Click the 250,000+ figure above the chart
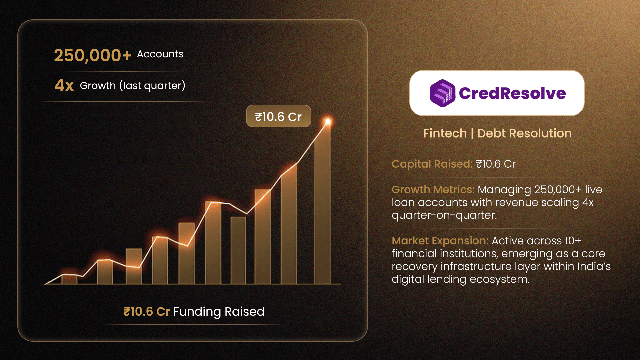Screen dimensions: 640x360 coord(93,55)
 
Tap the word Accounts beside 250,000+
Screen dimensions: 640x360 coord(160,54)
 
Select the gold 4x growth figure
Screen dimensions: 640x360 coord(64,85)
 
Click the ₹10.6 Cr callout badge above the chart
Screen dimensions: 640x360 coord(278,116)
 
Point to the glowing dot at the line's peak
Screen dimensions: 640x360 coord(328,122)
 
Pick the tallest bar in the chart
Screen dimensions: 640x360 coord(322,204)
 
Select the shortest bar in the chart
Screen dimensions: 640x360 coord(69,279)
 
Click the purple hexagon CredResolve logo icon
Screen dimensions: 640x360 coord(442,93)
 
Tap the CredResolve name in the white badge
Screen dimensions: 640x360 coord(512,93)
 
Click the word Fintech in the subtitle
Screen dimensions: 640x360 coord(445,133)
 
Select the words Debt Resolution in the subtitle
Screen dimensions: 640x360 coord(524,133)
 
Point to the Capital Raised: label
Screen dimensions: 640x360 coord(432,164)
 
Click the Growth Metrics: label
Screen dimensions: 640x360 coord(433,189)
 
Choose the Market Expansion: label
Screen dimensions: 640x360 coord(440,241)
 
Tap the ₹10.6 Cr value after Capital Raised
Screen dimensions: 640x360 coord(496,164)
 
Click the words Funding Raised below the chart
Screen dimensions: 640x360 coord(219,312)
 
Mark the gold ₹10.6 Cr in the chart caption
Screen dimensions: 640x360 coord(147,312)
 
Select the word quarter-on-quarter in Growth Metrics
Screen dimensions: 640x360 coord(444,215)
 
